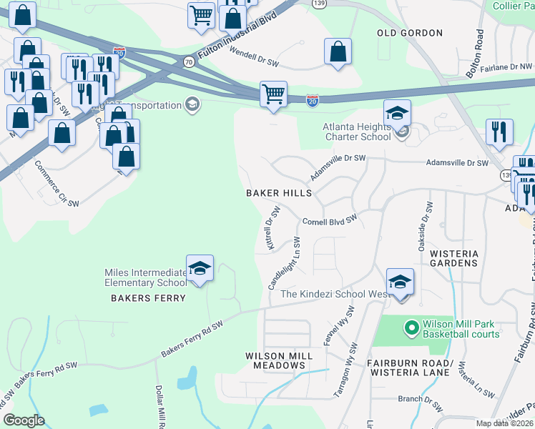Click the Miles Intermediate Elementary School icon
200,269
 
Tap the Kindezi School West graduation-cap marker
400,283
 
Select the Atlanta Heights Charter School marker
397,114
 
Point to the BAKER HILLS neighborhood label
279,193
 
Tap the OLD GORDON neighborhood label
410,33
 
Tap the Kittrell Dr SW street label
272,228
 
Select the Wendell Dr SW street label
254,57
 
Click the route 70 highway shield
188,61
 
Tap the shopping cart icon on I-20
273,94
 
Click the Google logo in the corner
24,420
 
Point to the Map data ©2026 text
504,423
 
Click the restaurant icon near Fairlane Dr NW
499,132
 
